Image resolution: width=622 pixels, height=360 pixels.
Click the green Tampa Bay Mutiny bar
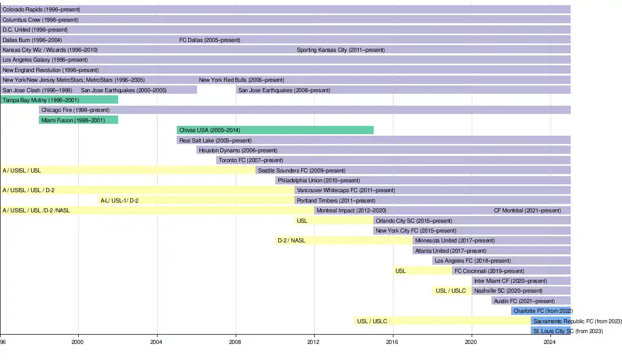click(59, 100)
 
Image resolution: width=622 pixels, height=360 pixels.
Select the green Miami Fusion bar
click(78, 120)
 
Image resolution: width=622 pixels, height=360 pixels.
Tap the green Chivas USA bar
click(275, 130)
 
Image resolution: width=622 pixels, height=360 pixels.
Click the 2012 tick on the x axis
click(314, 342)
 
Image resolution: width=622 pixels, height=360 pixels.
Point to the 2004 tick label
click(157, 342)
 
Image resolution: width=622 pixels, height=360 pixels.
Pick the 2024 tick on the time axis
click(550, 342)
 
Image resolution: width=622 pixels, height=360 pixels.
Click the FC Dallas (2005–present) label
click(209, 40)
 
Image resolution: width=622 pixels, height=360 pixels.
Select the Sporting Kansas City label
click(341, 50)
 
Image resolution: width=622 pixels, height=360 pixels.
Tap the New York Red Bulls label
click(242, 80)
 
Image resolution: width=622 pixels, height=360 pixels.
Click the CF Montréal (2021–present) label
click(527, 210)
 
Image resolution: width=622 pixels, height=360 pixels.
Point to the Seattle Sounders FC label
click(302, 170)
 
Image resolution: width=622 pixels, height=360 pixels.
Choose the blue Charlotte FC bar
click(541, 311)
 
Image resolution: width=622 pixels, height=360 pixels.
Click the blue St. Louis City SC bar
click(550, 331)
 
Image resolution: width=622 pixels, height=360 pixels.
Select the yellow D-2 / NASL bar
click(344, 240)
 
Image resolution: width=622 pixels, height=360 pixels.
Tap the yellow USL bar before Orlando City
click(334, 221)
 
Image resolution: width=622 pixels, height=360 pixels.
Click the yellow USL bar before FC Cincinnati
click(422, 271)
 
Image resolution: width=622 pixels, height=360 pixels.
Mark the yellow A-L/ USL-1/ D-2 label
click(119, 200)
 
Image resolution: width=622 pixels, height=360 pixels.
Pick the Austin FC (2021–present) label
click(524, 301)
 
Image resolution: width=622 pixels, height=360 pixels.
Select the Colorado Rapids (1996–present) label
click(41, 9)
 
